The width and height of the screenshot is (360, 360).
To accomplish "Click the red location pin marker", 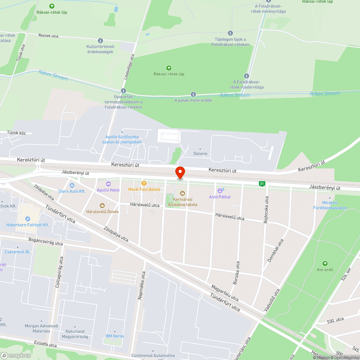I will tap(180, 172).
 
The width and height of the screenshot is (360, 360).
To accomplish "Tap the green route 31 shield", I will tap(262, 184).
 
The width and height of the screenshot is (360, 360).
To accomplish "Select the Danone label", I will tap(201, 154).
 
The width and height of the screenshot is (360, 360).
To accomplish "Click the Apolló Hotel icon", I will tap(108, 184).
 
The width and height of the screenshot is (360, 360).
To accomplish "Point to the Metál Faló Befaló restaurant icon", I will tap(144, 183).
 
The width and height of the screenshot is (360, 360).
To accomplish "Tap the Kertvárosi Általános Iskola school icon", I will tap(183, 193).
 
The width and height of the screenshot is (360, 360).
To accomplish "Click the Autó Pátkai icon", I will tap(220, 190).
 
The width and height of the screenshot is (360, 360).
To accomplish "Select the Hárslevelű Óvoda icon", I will tap(102, 206).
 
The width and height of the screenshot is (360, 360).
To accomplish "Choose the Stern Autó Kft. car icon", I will tap(72, 185).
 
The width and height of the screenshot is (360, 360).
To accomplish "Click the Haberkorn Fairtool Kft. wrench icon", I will tap(28, 219).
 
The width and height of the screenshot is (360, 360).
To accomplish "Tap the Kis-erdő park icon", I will tap(325, 264).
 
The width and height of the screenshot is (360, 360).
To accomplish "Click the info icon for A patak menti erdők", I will tap(193, 94).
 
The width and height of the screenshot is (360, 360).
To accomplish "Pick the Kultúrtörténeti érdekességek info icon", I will tap(100, 41).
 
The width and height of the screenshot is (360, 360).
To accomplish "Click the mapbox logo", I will tap(16, 355).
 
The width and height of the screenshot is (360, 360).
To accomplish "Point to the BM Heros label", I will tap(115, 336).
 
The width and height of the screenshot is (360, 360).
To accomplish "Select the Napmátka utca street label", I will tap(141, 285).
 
